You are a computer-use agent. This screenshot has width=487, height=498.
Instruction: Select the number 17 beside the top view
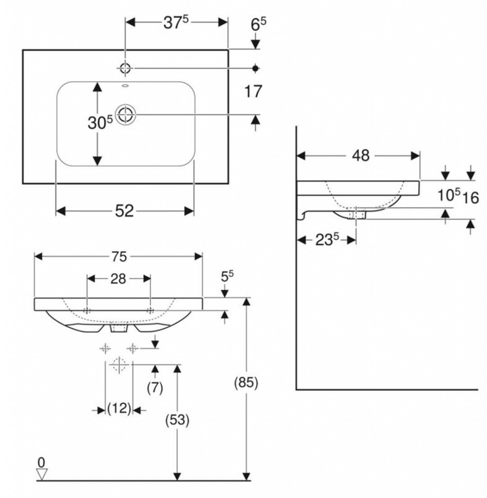254,91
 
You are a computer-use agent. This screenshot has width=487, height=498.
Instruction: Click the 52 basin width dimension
124,211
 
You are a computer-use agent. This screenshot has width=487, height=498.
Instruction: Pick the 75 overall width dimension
118,256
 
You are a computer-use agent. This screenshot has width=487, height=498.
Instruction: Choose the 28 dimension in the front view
118,279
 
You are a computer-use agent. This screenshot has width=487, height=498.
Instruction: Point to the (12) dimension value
119,409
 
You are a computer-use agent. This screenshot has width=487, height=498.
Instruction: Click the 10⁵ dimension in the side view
447,196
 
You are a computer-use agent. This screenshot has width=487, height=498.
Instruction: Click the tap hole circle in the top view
125,68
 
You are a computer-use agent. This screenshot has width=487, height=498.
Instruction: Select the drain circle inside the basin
126,114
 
